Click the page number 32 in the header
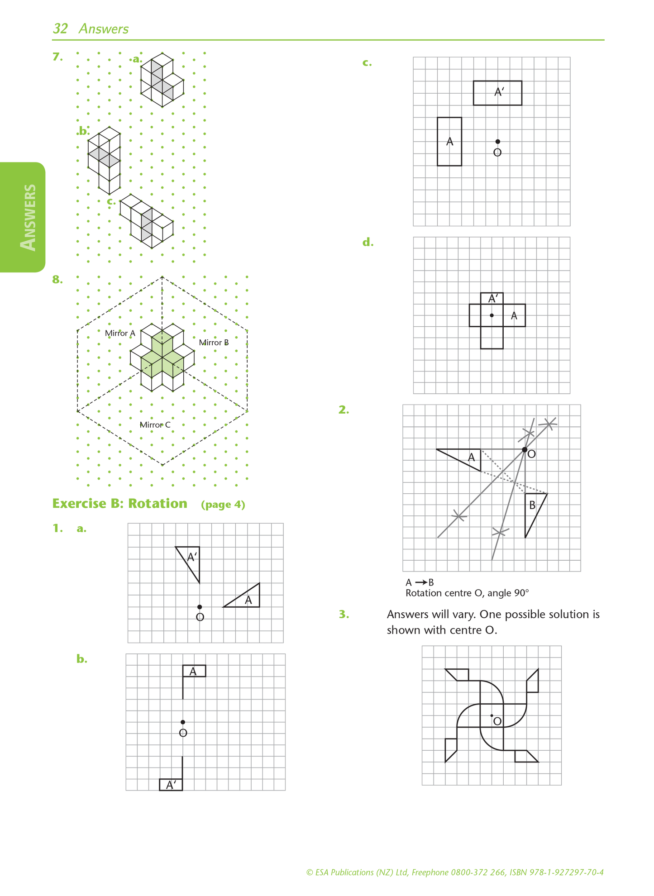point(60,29)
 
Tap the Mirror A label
point(120,334)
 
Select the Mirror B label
point(214,343)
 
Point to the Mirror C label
point(155,425)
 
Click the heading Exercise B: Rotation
point(119,504)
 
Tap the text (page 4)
point(223,505)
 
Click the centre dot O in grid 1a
point(200,607)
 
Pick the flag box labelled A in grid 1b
point(194,671)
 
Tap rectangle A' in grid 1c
point(497,93)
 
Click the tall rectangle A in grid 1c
point(449,142)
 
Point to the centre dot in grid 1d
point(492,315)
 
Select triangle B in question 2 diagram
point(533,509)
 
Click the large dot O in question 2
point(525,450)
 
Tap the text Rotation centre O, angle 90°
point(467,593)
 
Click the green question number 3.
point(344,615)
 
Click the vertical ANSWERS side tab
point(28,217)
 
